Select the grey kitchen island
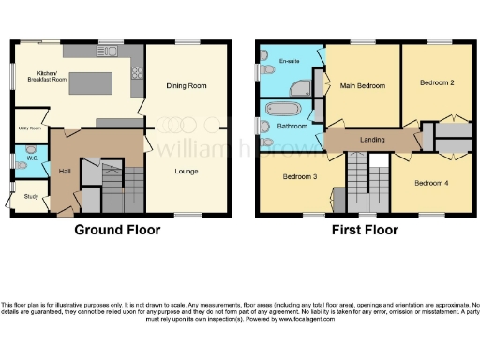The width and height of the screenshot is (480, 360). [x=92, y=79]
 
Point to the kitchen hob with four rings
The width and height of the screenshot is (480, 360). [x=138, y=70]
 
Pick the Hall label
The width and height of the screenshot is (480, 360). [x=65, y=172]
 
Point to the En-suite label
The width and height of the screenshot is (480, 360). [x=290, y=61]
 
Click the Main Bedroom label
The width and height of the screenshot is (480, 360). [x=363, y=86]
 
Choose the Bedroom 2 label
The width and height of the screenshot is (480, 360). [x=437, y=82]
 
